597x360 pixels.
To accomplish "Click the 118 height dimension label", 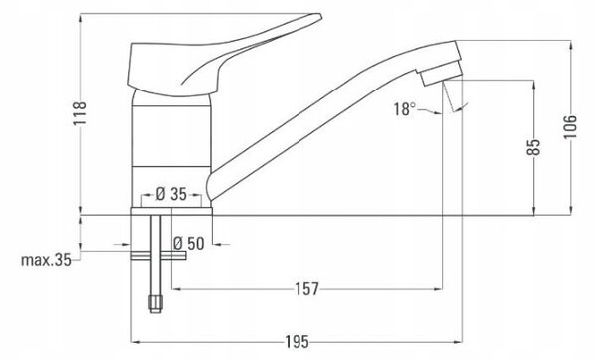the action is [80, 113].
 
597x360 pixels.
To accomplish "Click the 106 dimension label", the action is [570, 127].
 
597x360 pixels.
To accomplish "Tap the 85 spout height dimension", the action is [533, 147].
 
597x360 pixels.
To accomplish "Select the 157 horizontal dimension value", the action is [306, 289].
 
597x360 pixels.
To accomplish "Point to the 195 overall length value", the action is [298, 342].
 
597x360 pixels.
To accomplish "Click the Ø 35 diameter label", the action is [171, 194].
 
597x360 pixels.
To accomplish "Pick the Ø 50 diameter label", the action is [189, 244].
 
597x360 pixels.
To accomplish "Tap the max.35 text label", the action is [46, 260].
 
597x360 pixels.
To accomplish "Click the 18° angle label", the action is [404, 109].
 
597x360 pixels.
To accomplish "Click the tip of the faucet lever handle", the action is [319, 17].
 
